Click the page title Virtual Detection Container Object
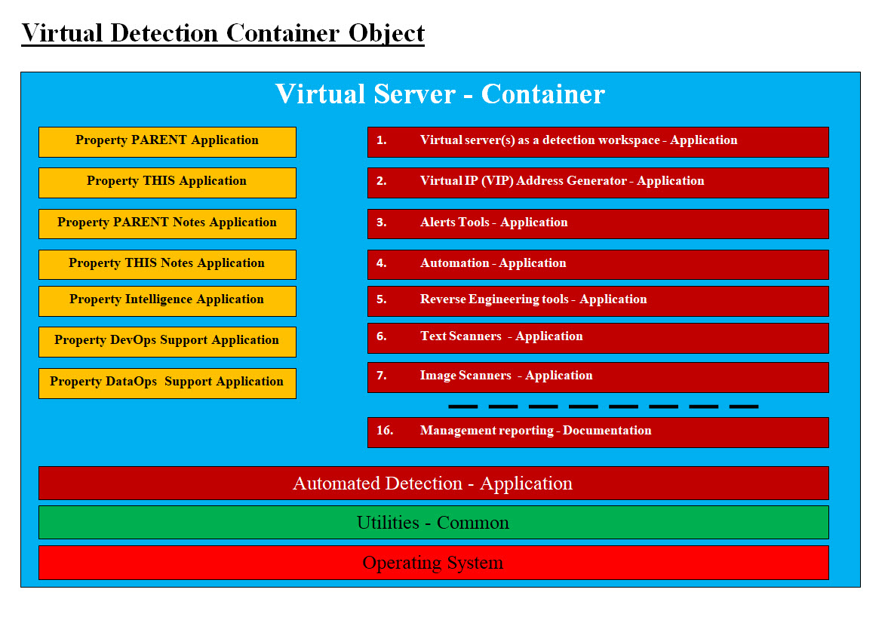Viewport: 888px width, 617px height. (223, 33)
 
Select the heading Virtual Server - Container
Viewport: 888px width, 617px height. (440, 94)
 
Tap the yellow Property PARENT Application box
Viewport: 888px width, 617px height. (167, 142)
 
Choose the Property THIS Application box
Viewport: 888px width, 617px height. (167, 183)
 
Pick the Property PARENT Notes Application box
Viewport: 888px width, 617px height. (167, 223)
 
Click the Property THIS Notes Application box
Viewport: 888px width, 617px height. (167, 264)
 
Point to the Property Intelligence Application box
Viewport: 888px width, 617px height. (167, 301)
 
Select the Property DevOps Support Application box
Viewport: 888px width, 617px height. (167, 342)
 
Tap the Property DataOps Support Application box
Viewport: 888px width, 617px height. (167, 383)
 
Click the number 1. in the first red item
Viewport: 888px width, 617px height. (382, 140)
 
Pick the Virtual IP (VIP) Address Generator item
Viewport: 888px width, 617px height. (598, 183)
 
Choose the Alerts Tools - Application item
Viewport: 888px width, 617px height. (598, 223)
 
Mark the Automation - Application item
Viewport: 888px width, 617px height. (598, 264)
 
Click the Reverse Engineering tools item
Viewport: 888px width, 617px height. (598, 301)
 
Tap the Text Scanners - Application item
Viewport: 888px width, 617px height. (598, 338)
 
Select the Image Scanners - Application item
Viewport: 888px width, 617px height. (598, 378)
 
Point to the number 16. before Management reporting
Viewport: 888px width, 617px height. (385, 430)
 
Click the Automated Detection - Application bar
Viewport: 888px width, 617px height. (433, 483)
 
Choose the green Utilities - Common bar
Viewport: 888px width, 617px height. (433, 523)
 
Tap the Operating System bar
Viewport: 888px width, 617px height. (433, 563)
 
